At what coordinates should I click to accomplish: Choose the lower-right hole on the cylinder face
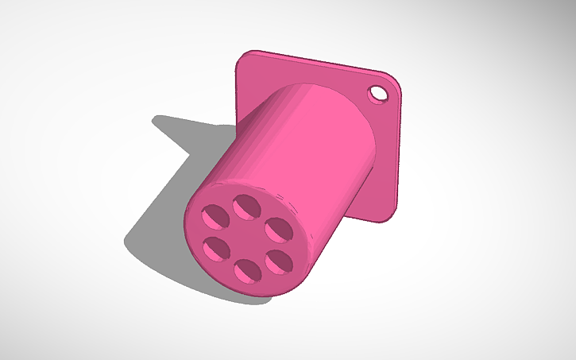[x=278, y=260]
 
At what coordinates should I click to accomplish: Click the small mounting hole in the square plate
[x=379, y=95]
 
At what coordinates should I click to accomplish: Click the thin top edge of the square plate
[x=318, y=64]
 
